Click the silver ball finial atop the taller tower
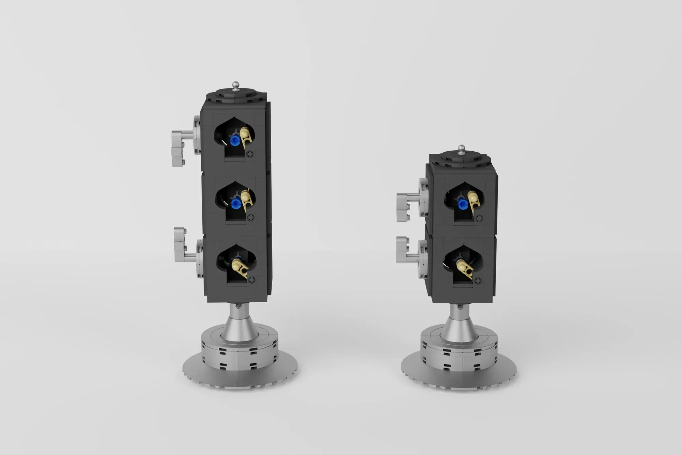point(235,84)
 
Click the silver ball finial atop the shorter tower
point(462,148)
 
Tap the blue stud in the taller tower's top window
point(234,140)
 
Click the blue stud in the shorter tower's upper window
point(463,204)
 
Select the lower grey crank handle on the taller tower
point(180,245)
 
